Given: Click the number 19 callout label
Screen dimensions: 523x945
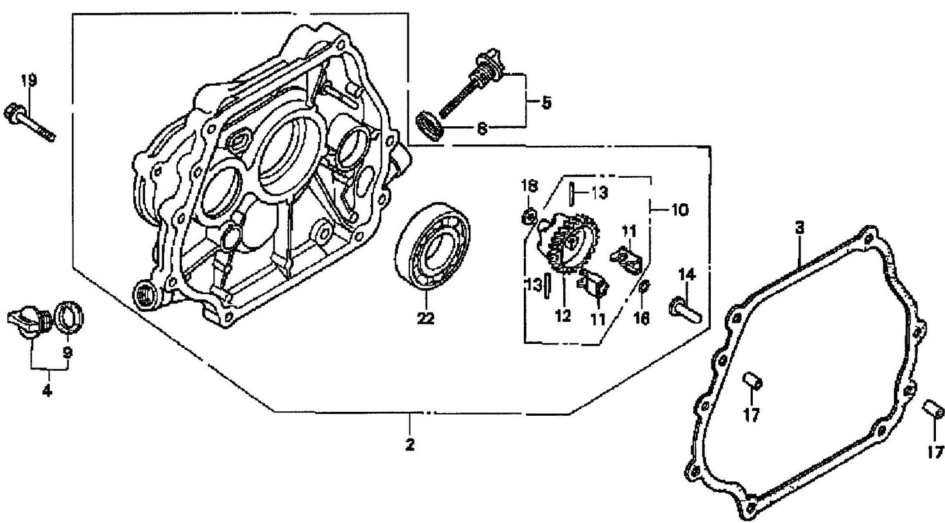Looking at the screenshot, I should [28, 81].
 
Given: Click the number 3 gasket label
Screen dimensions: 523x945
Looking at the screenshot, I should [799, 228].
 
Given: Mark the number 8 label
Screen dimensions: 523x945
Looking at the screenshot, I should [482, 129].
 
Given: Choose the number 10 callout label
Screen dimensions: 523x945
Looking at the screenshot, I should [679, 210].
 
